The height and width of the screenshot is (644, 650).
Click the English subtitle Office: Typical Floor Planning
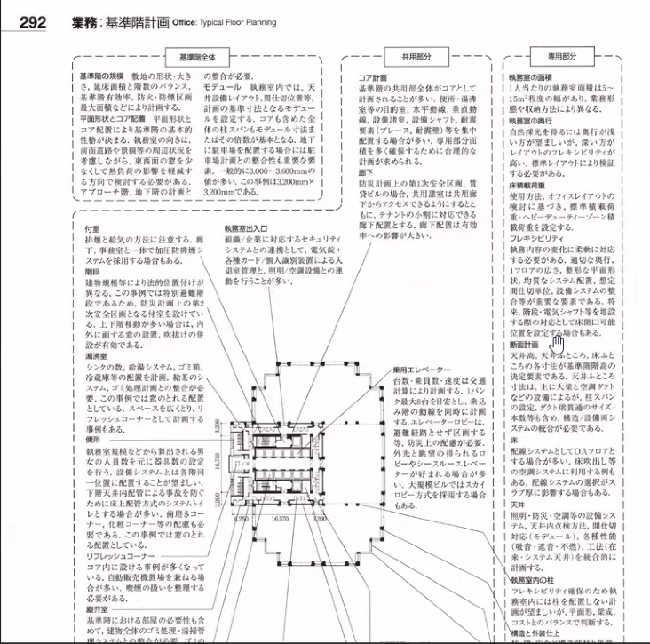click(x=223, y=22)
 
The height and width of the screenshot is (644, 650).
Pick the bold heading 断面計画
click(x=524, y=345)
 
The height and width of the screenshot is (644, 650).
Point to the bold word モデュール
click(x=222, y=89)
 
